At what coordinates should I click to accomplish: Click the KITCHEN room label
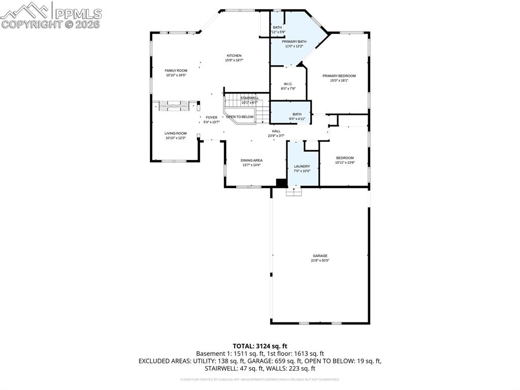click(234, 55)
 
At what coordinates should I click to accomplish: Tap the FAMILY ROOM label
click(176, 71)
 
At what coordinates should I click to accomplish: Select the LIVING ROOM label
click(176, 133)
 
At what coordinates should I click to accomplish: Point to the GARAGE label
click(320, 256)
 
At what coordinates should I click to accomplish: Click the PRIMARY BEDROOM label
click(339, 76)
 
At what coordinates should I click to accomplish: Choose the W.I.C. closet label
click(288, 84)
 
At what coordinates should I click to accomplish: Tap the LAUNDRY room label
click(302, 166)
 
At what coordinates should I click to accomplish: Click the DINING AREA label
click(251, 160)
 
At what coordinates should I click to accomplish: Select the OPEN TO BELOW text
click(240, 117)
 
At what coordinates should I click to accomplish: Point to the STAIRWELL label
click(249, 98)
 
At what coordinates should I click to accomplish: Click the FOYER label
click(211, 117)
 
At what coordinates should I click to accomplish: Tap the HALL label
click(276, 131)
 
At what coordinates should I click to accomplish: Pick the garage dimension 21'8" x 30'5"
click(320, 260)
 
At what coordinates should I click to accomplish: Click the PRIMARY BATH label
click(294, 41)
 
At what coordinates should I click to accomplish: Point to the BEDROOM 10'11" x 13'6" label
click(345, 158)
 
